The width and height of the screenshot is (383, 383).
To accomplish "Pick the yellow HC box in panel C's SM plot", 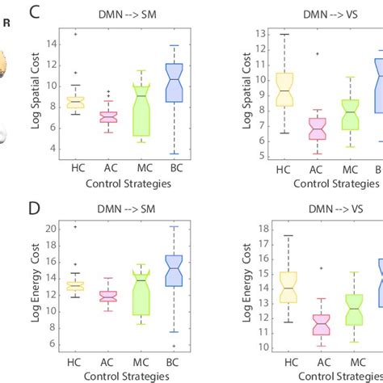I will click(x=74, y=103).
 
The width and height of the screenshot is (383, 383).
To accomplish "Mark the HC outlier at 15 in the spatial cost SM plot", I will click(x=74, y=34).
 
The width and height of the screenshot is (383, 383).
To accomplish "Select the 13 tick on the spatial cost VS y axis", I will click(x=261, y=34).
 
